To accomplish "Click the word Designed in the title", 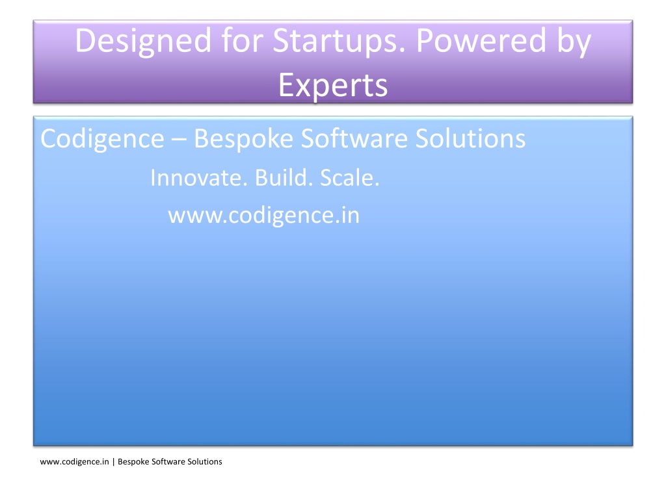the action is tap(143, 42).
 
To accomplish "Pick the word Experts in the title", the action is tap(333, 86).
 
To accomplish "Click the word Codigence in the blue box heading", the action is tap(102, 139).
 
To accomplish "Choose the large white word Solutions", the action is tap(471, 138).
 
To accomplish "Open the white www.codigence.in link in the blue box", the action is tap(264, 216).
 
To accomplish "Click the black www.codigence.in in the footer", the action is tap(74, 462).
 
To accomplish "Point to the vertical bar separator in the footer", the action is tap(113, 462).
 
